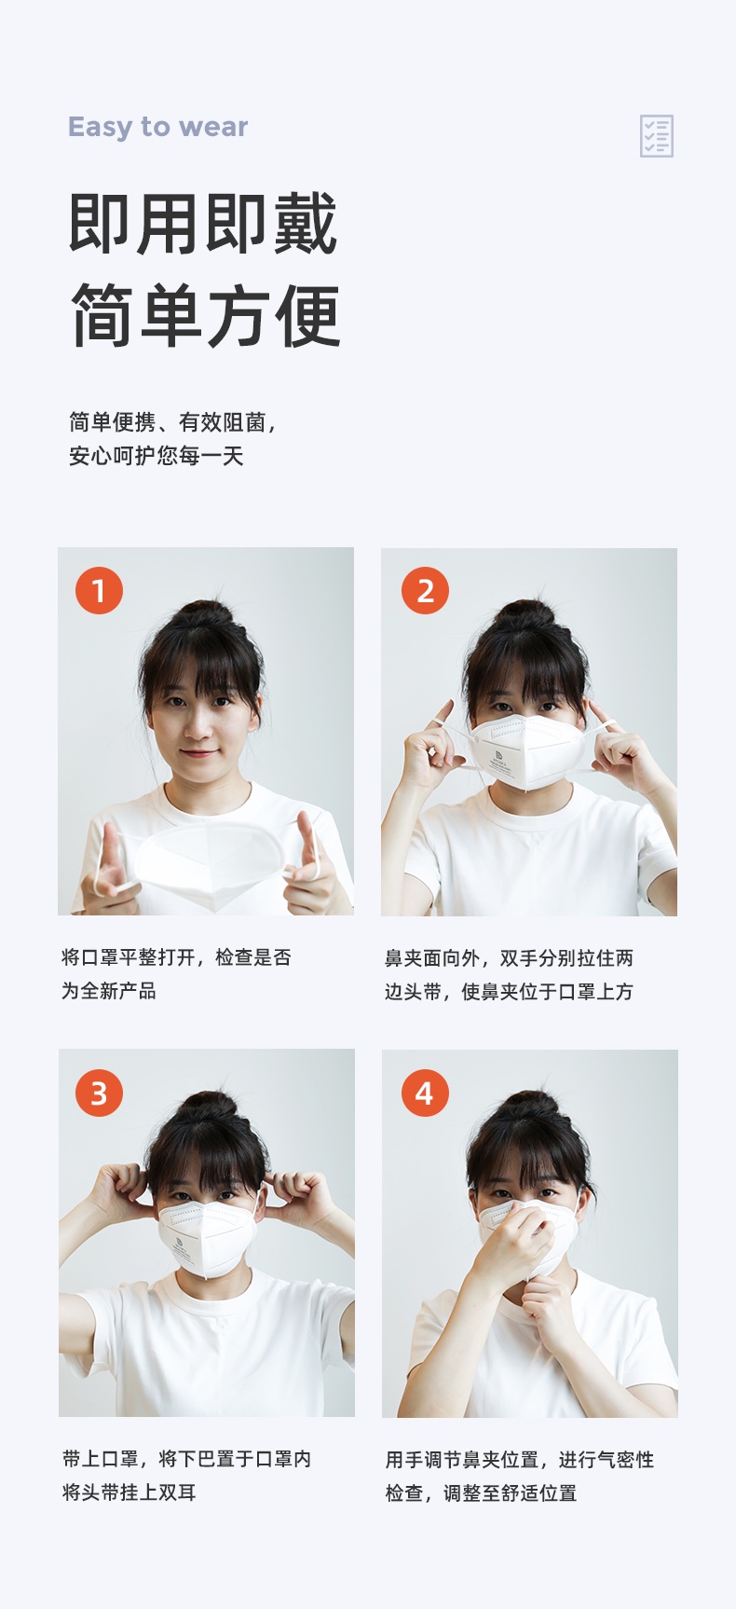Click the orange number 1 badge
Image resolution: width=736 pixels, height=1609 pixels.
[99, 590]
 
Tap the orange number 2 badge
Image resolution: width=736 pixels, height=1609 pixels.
[425, 590]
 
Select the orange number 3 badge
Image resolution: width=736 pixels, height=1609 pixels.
[99, 1093]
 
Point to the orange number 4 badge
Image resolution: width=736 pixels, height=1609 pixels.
[425, 1093]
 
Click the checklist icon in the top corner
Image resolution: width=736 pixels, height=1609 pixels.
[656, 136]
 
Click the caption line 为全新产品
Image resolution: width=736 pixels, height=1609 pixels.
[109, 991]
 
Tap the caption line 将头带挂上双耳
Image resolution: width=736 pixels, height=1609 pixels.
[129, 1492]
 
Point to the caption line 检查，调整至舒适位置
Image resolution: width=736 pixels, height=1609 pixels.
[482, 1493]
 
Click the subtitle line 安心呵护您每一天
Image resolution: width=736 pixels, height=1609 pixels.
[157, 456]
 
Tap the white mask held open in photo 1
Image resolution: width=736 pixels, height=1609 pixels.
[211, 863]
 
